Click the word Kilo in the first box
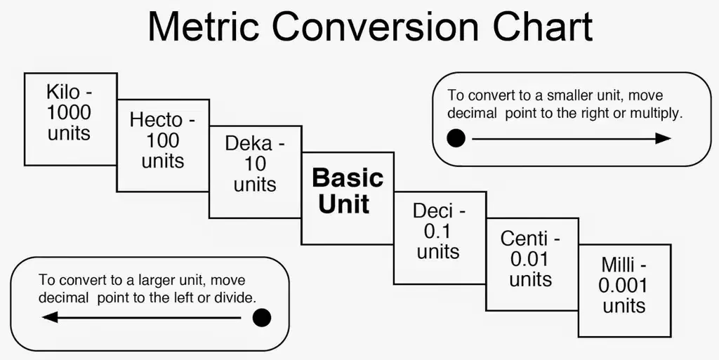(x=63, y=92)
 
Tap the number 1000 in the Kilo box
(x=69, y=113)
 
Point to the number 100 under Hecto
(x=163, y=140)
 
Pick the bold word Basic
(x=348, y=178)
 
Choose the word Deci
(x=433, y=211)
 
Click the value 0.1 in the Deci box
(x=438, y=232)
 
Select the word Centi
(x=524, y=239)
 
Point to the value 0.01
(x=529, y=260)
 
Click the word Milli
(x=617, y=265)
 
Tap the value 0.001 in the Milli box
(x=622, y=286)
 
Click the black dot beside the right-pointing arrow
(x=456, y=138)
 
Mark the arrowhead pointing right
(x=663, y=138)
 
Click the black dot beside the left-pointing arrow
(x=262, y=318)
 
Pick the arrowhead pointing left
(x=50, y=317)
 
